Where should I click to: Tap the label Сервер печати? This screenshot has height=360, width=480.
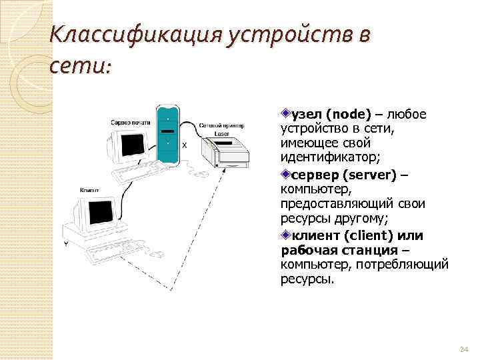(129, 123)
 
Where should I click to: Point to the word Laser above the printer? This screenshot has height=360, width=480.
(221, 134)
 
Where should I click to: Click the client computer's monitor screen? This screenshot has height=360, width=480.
(101, 211)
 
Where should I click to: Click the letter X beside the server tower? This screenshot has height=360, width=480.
(184, 144)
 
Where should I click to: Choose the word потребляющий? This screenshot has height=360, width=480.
(406, 265)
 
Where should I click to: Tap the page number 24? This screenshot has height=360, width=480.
(465, 350)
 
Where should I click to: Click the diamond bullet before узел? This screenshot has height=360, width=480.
(285, 114)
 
